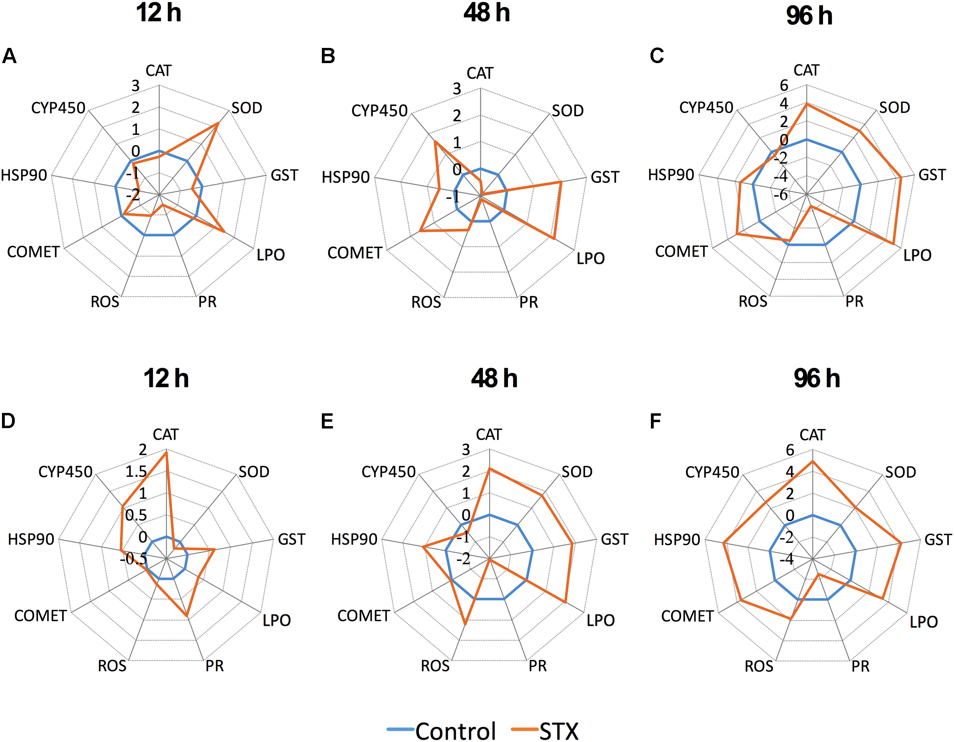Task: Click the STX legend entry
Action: tap(558, 730)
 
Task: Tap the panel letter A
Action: tap(9, 56)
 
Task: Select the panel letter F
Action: tap(655, 421)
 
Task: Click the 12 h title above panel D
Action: tap(166, 378)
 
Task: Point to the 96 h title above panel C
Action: tap(809, 16)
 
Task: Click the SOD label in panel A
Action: tap(247, 108)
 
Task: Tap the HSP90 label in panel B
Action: tap(345, 177)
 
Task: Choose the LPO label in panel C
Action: tap(917, 255)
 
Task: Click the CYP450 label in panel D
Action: tap(65, 472)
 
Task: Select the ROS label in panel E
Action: tap(435, 666)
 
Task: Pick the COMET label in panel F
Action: tap(687, 616)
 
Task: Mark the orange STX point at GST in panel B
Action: tap(561, 182)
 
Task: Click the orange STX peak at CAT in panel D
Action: tap(166, 452)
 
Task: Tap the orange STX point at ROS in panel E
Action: tap(465, 624)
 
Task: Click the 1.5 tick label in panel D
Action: tap(136, 472)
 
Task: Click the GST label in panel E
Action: tap(614, 540)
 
